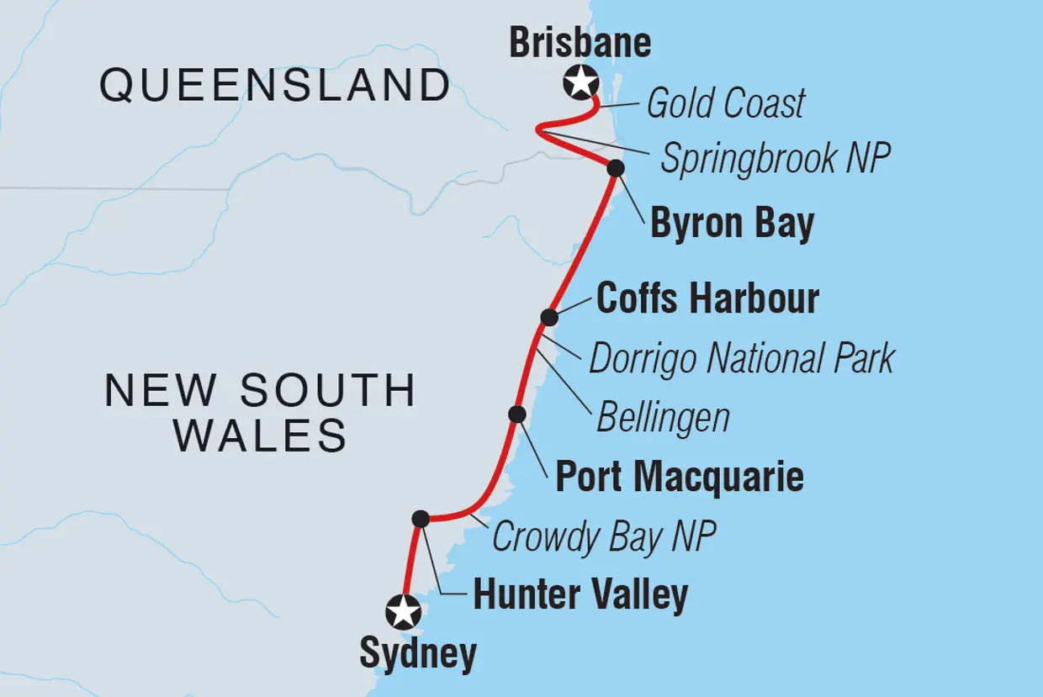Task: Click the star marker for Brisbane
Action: (580, 83)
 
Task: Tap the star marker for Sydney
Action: (404, 612)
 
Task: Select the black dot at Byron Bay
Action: (616, 168)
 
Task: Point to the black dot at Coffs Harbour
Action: (548, 317)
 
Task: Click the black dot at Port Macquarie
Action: (517, 414)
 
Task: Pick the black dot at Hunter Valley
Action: (421, 519)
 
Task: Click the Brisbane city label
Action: (580, 44)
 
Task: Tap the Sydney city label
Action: (418, 654)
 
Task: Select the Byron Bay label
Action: (732, 224)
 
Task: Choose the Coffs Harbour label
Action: (707, 299)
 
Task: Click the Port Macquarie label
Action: (680, 478)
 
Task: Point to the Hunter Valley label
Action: (580, 595)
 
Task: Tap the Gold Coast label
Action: (725, 104)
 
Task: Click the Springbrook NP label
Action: (775, 158)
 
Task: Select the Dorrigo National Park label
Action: (741, 359)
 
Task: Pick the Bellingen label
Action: (663, 418)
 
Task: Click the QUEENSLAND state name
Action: (275, 86)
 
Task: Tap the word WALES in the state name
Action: (261, 436)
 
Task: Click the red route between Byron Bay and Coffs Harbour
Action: (583, 242)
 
